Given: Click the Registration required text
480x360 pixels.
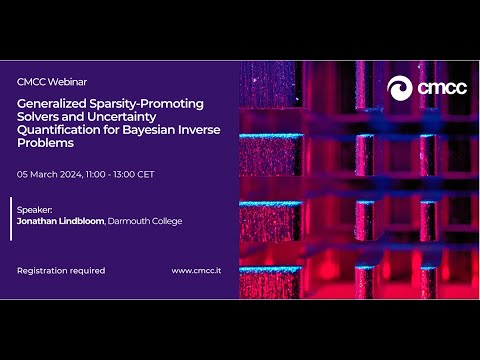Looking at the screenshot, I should click(x=61, y=270).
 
